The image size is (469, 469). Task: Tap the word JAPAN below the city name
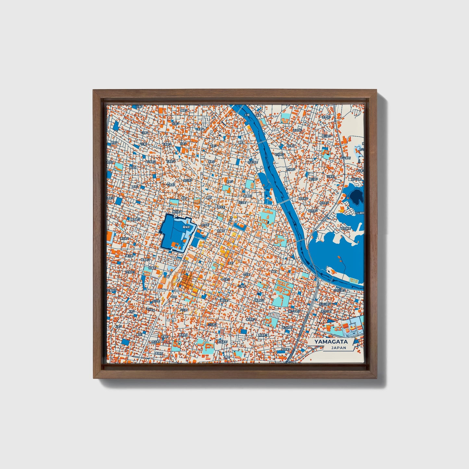click(339, 348)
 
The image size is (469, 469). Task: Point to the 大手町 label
click(204, 225)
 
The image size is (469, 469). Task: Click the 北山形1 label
click(187, 180)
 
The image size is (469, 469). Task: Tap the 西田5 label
click(114, 142)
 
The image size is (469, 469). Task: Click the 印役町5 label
click(290, 169)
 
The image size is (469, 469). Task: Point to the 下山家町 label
click(359, 158)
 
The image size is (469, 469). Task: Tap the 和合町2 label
click(324, 203)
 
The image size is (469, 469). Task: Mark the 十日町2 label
click(225, 279)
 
